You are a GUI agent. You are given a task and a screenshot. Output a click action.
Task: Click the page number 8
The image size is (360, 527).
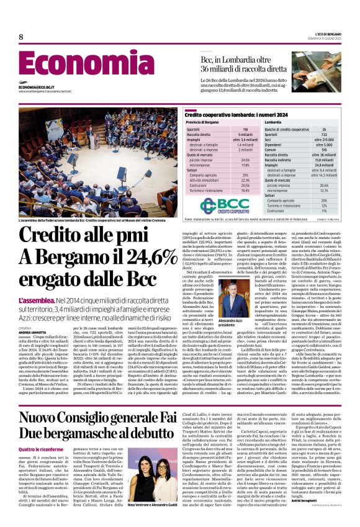[x=21, y=37]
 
